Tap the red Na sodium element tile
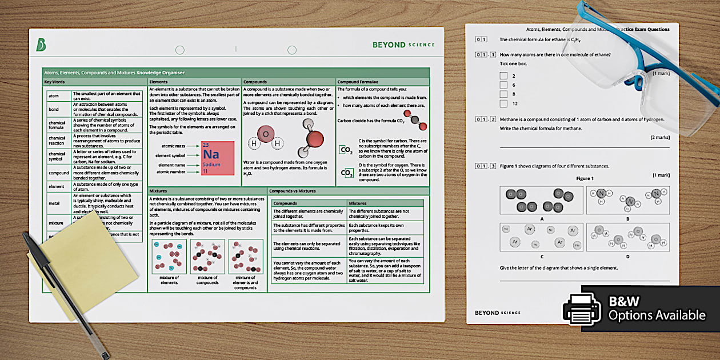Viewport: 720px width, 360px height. (218, 158)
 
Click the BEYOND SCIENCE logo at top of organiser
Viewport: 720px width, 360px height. (403, 45)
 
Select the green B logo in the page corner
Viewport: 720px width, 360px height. (41, 45)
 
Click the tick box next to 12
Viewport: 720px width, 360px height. (503, 103)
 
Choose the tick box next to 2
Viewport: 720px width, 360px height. (503, 75)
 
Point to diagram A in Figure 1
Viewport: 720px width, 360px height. (541, 201)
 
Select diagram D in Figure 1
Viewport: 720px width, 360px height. (627, 237)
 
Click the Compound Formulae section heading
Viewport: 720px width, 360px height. (356, 82)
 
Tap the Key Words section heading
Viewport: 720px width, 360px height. (55, 82)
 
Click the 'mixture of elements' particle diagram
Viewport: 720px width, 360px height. (169, 257)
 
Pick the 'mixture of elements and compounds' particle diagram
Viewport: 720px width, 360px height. (246, 257)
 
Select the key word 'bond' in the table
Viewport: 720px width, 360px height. (53, 109)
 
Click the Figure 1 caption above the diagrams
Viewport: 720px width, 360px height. (584, 178)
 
